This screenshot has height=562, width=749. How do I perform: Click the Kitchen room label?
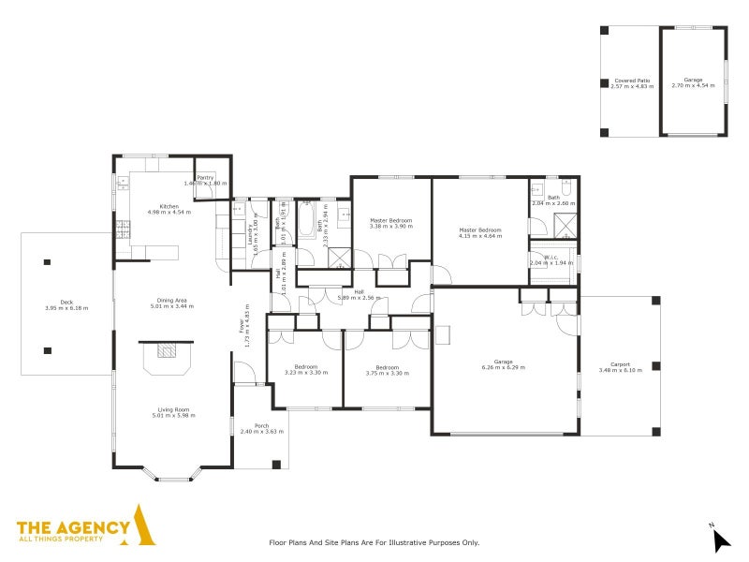click(x=169, y=206)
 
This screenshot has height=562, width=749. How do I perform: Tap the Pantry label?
click(x=205, y=178)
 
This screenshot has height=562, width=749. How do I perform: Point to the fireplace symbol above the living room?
click(x=167, y=351)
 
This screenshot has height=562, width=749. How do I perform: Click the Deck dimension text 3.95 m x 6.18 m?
click(x=66, y=308)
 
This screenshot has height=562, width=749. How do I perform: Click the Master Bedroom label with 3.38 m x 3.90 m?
click(x=390, y=220)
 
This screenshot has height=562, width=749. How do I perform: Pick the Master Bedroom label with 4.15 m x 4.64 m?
click(x=479, y=229)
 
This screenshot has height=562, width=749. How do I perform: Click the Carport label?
click(x=620, y=363)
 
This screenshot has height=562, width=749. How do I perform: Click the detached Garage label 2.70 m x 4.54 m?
click(x=693, y=80)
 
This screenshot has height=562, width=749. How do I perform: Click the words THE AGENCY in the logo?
click(x=73, y=527)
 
